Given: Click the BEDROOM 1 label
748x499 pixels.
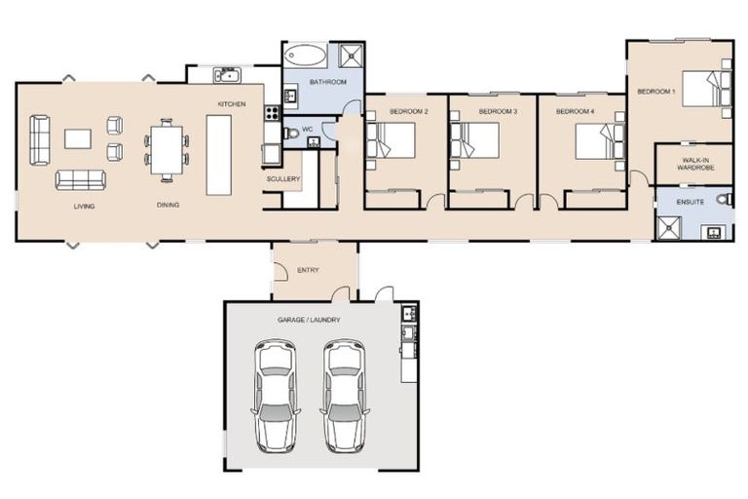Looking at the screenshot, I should [x=655, y=91].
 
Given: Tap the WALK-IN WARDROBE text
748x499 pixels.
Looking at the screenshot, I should [x=692, y=163].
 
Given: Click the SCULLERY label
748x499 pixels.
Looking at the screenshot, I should [x=283, y=179].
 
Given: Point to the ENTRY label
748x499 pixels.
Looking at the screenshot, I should [x=308, y=270].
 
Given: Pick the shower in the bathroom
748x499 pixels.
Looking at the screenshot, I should [x=351, y=55].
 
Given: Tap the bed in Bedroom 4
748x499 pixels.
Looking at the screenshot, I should [x=599, y=140].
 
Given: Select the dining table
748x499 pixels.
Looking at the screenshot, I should [x=167, y=150].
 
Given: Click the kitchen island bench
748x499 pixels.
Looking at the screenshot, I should [x=219, y=154].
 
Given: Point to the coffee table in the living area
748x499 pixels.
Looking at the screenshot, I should [x=78, y=138].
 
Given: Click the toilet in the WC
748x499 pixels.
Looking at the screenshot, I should [x=290, y=133].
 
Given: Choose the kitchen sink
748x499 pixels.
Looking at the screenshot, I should [x=228, y=75].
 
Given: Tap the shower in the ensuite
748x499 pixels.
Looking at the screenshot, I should [x=670, y=227].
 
